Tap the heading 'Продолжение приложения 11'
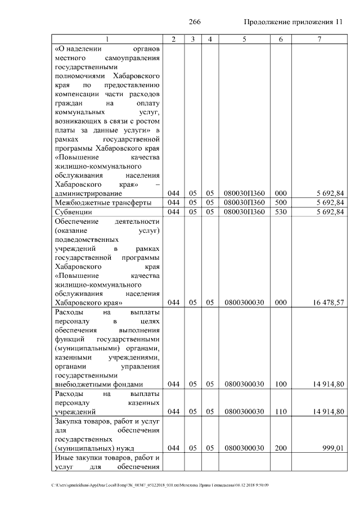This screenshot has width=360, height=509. [292, 22]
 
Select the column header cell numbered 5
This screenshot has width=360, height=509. [244, 39]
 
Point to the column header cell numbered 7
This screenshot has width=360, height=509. [319, 39]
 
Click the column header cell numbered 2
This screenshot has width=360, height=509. [173, 39]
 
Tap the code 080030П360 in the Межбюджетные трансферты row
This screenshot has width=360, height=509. [244, 202]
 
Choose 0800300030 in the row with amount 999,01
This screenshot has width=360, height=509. [244, 448]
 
